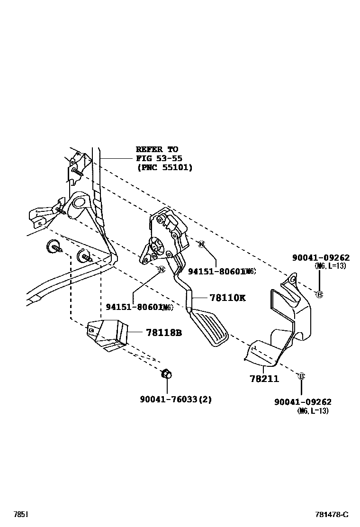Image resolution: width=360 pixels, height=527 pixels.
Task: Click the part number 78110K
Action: click(x=227, y=298)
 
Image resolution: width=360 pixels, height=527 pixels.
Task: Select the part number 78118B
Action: click(x=163, y=333)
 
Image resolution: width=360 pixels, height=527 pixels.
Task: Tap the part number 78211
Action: click(x=264, y=379)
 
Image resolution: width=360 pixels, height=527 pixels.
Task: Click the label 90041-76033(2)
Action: click(x=175, y=399)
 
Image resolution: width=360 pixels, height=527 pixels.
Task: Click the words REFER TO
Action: click(x=157, y=149)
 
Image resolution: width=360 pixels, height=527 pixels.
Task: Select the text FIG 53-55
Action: click(x=159, y=158)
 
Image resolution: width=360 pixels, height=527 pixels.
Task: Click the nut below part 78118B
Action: click(x=166, y=374)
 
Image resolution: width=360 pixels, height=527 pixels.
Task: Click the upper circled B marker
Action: click(x=319, y=294)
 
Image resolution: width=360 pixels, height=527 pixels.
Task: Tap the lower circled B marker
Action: click(x=301, y=376)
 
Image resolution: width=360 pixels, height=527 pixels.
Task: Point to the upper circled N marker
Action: click(x=201, y=244)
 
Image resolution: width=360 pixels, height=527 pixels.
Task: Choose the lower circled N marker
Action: click(x=161, y=270)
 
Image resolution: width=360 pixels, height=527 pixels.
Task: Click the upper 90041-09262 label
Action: click(x=321, y=258)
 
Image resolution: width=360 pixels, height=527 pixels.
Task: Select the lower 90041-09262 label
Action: click(x=303, y=402)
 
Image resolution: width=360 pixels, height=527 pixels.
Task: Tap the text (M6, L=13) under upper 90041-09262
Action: click(x=330, y=266)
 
